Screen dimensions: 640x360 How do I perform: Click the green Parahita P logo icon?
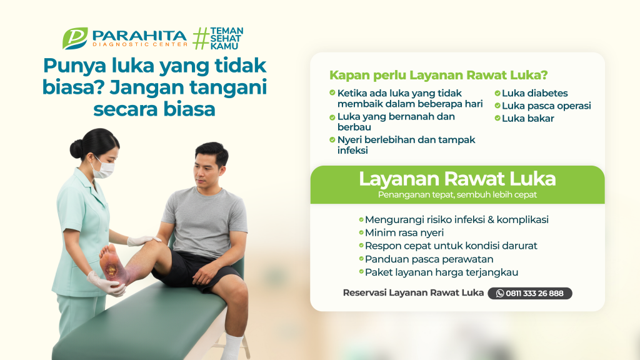pos(75,38)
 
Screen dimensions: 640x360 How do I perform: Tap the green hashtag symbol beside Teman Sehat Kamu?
pos(201,38)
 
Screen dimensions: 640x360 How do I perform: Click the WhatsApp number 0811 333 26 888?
pos(534,294)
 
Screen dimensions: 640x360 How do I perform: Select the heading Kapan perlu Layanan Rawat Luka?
pos(438,75)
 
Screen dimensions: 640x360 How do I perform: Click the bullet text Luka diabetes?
pos(535,93)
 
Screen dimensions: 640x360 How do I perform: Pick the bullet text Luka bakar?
pos(527,118)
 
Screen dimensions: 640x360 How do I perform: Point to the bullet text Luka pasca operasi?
pos(546,106)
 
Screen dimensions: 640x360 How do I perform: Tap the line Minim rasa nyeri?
pos(404,232)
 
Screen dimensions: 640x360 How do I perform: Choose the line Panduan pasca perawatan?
pos(429,259)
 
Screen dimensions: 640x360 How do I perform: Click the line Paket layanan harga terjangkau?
pos(441,272)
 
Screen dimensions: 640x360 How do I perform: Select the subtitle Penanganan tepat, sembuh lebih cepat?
pos(457,195)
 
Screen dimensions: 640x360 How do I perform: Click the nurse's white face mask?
pos(103,169)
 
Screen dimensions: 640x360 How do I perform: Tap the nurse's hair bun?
pos(76,149)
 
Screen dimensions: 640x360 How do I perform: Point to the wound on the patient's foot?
pos(111,270)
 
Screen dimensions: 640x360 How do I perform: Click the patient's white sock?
pos(232,347)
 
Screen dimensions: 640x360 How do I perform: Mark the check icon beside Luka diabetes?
pos(497,93)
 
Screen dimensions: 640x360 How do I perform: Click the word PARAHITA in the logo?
pos(139,36)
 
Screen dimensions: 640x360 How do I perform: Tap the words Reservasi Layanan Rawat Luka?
pos(413,292)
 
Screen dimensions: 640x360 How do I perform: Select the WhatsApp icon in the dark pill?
pos(500,294)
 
